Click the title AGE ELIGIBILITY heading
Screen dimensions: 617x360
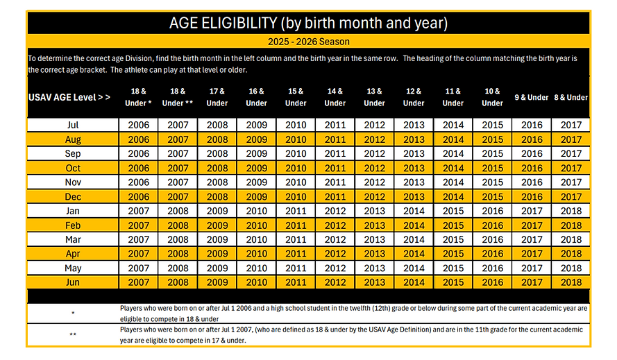point(308,23)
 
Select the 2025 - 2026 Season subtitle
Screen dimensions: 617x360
point(308,42)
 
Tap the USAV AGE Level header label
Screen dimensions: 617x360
point(69,97)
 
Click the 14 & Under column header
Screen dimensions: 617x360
point(335,97)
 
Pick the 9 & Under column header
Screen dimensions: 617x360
point(532,97)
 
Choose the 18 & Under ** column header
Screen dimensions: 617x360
point(178,97)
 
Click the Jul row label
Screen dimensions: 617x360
point(73,125)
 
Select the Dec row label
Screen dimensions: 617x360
point(73,197)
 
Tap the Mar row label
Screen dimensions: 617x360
point(73,239)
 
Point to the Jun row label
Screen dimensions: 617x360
point(73,282)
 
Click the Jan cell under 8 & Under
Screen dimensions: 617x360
point(571,211)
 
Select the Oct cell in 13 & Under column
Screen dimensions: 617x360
point(374,168)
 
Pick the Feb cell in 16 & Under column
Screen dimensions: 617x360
point(257,225)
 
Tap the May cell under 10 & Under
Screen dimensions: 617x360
point(492,268)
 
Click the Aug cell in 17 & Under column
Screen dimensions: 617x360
point(217,139)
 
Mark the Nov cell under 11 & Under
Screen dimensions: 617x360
point(453,182)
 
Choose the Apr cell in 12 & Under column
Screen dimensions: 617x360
point(414,254)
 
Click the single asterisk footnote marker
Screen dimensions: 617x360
point(73,314)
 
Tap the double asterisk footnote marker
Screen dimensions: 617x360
point(73,335)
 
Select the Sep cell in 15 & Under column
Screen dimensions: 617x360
point(296,153)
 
